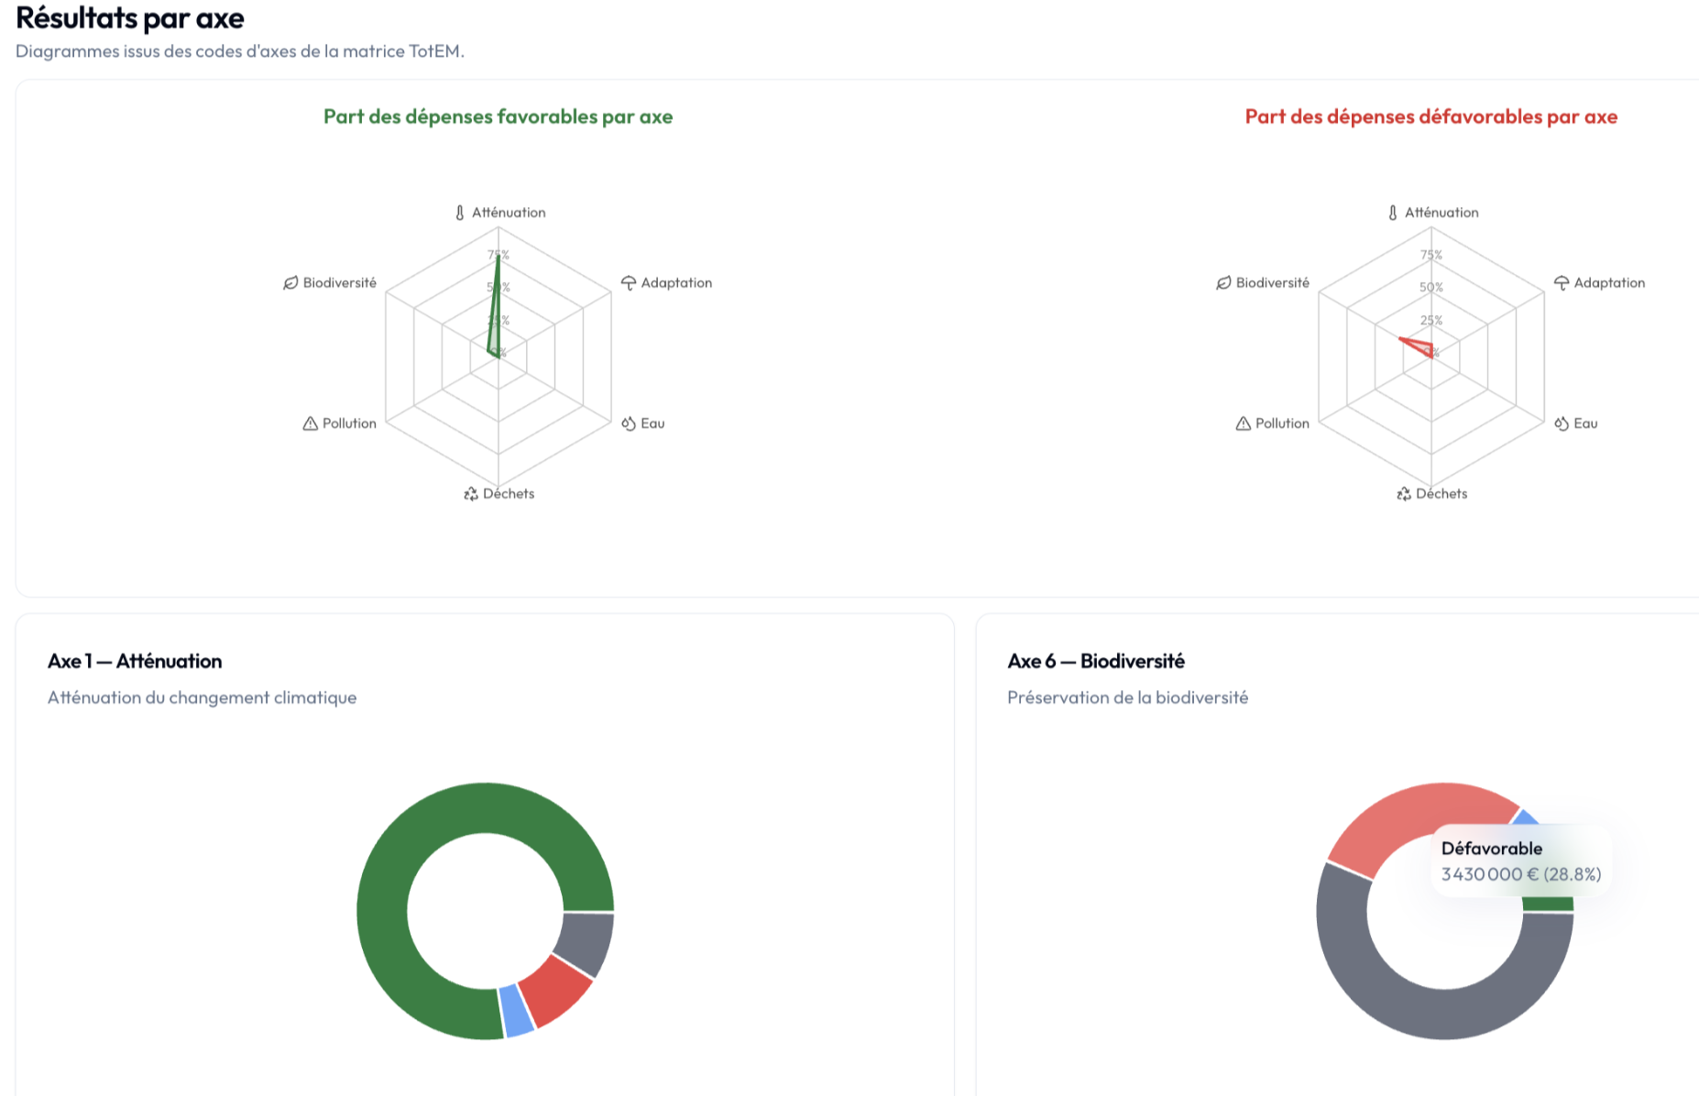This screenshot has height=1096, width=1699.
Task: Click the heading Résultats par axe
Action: click(130, 18)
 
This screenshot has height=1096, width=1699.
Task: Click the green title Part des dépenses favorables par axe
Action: click(498, 116)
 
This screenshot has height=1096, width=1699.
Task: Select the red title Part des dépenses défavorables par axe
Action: click(1430, 116)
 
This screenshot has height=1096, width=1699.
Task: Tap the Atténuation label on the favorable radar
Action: click(508, 213)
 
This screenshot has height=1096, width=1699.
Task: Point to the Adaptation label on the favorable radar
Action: click(675, 283)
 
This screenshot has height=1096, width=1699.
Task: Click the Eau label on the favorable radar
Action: click(652, 423)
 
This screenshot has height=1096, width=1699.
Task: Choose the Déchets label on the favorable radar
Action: click(508, 494)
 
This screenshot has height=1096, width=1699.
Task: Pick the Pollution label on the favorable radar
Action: click(348, 423)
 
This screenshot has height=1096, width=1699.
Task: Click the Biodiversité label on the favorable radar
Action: click(339, 283)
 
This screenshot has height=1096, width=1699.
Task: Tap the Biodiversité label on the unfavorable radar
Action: click(1272, 283)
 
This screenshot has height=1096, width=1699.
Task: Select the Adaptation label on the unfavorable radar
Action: click(1608, 283)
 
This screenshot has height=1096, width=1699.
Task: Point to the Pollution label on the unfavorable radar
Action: click(1281, 423)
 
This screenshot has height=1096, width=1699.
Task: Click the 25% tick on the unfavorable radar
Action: click(1431, 321)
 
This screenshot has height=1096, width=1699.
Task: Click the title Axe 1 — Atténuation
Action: click(135, 662)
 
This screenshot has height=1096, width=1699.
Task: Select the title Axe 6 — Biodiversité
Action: click(1096, 662)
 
